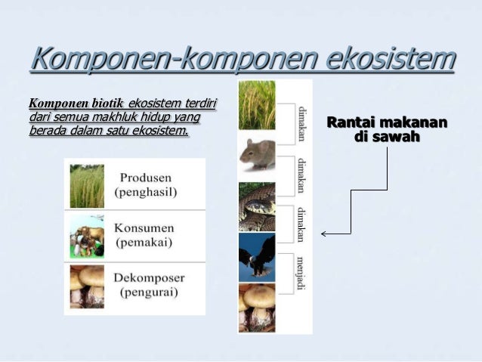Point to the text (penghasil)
coord(146,192)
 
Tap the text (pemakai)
coord(144,242)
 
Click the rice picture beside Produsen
coord(87,186)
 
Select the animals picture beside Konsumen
coord(87,237)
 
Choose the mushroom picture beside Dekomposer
coord(87,288)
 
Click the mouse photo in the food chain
coord(257,154)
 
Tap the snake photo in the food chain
coord(257,206)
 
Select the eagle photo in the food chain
coord(257,258)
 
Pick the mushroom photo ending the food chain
coord(257,308)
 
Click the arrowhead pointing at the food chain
coord(324,234)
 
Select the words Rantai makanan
coord(386,123)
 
